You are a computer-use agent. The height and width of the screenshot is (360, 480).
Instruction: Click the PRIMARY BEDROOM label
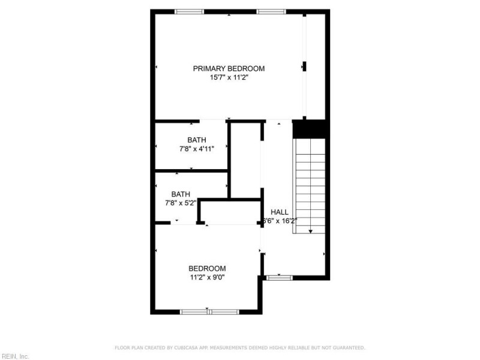(228, 68)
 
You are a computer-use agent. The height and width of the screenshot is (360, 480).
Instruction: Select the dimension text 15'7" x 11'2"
(228, 78)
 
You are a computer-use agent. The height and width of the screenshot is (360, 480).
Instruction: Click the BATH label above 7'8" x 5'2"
(181, 194)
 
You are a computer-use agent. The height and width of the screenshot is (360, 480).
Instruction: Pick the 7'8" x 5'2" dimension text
(181, 203)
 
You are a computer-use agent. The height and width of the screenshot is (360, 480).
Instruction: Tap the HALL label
(279, 212)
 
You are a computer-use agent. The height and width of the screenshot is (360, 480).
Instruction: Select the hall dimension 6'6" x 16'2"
(280, 221)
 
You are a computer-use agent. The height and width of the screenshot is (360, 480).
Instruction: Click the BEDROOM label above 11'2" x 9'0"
(207, 268)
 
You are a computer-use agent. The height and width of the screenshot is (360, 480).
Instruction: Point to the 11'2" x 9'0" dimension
(207, 277)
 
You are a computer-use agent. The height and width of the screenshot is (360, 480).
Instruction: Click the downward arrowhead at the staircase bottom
(310, 231)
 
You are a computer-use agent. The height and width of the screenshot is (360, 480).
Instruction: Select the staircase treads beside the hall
(310, 180)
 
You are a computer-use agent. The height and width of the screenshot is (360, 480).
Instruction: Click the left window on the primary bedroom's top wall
(189, 11)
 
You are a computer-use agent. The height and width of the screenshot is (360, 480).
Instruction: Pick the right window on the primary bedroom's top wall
(271, 11)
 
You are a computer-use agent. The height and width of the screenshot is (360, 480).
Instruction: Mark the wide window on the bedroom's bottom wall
(209, 311)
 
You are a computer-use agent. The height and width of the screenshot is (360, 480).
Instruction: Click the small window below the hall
(279, 277)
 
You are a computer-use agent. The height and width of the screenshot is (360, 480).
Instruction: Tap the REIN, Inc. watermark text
(15, 356)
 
